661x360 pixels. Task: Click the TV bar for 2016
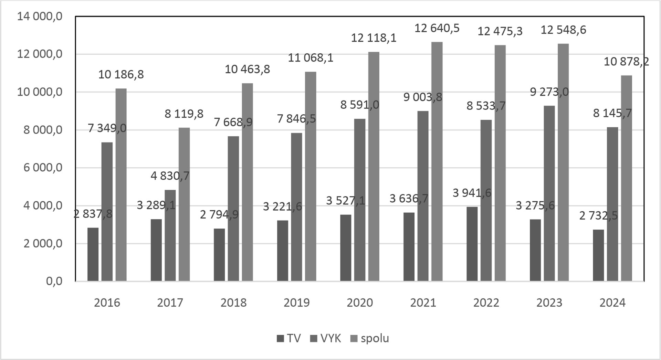[x=93, y=254]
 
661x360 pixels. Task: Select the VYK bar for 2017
[x=170, y=235]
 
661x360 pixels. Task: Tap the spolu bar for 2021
[x=437, y=162]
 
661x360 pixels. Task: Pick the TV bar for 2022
[x=472, y=244]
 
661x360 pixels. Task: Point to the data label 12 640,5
[x=437, y=28]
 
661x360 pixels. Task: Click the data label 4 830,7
[x=170, y=176]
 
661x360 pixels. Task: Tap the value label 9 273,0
[x=549, y=92]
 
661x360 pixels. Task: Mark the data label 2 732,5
[x=598, y=216]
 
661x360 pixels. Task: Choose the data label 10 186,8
[x=121, y=74]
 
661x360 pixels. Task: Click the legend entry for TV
[x=289, y=338]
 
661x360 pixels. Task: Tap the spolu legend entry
[x=370, y=338]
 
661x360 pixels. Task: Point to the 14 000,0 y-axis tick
[x=40, y=16]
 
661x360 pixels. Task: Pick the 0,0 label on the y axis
[x=54, y=281]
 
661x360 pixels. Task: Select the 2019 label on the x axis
[x=296, y=303]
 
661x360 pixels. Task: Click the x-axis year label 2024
[x=612, y=303]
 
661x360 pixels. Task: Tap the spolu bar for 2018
[x=247, y=182]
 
